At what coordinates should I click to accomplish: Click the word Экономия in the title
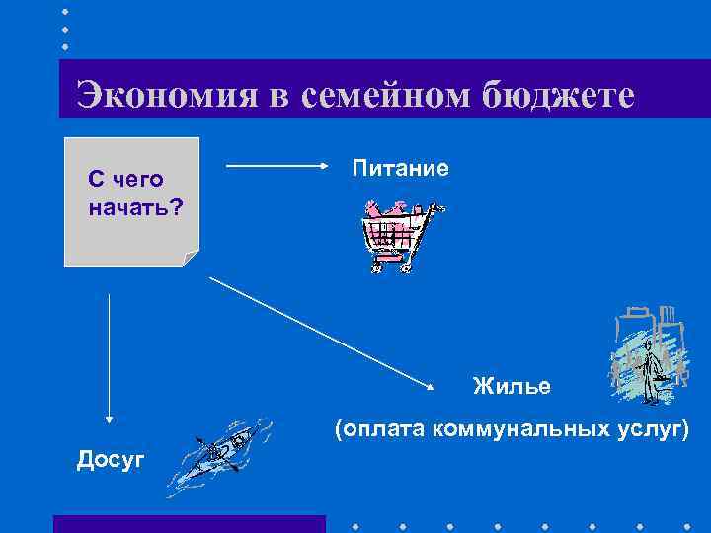point(164,96)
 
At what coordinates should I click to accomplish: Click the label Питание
point(400,169)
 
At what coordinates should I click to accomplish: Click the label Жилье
point(511,385)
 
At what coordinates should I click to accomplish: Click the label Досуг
point(111,458)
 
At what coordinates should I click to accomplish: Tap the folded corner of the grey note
point(190,258)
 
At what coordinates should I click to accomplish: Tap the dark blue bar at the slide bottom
point(189,524)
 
